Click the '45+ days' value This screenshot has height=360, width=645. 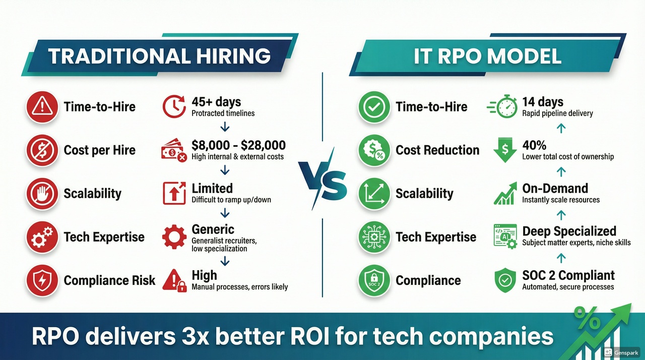coord(216,102)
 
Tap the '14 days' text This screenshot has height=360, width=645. coord(543,102)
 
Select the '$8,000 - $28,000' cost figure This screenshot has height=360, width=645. coord(239,145)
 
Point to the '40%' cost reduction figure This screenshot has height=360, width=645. coord(534,145)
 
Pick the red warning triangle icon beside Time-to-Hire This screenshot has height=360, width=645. coord(42,106)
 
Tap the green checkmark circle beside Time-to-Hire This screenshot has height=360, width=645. coord(374,107)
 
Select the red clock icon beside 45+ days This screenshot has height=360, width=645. coord(174,106)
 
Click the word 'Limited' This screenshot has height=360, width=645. coord(212,189)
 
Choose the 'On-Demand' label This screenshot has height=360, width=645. coord(555,189)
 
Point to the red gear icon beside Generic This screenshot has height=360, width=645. coord(174,237)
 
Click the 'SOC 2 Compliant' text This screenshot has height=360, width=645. coord(568,276)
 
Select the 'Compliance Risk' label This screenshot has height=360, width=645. coord(109,280)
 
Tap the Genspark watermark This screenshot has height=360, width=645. coord(621,352)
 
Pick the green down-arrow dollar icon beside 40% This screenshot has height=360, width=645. coord(505,150)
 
